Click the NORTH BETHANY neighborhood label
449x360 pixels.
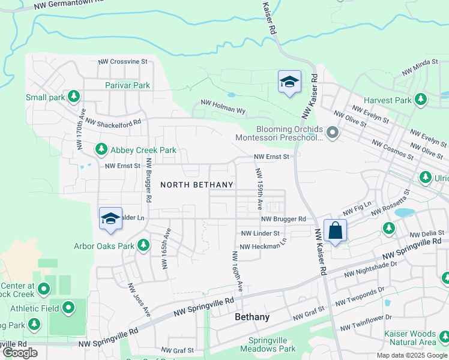click(196, 185)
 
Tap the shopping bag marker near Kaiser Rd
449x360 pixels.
click(335, 230)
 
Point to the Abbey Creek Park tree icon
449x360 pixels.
click(101, 149)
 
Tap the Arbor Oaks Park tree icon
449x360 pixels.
click(143, 245)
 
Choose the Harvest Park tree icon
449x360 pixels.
click(421, 99)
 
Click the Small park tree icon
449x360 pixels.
click(74, 96)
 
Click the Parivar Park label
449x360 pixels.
click(127, 85)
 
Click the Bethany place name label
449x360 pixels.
click(252, 317)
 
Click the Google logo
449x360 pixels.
click(20, 353)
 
